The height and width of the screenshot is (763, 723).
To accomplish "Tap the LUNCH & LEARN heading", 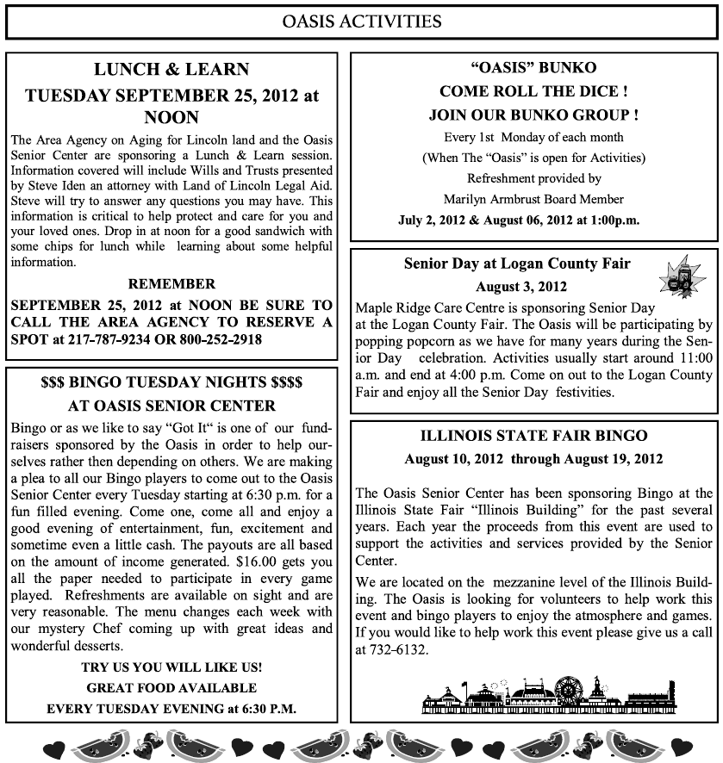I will pos(171,70).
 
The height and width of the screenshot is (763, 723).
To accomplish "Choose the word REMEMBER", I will pos(171,283).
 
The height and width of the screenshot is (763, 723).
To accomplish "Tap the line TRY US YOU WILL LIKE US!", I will pos(171,667).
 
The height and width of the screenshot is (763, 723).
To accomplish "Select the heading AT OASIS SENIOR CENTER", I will pos(171,405).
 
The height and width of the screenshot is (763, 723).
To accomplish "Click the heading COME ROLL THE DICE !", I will pos(533,90).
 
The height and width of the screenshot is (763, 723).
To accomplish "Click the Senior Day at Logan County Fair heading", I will pos(517,264).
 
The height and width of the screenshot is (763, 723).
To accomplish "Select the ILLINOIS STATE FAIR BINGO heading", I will pos(533,436).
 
